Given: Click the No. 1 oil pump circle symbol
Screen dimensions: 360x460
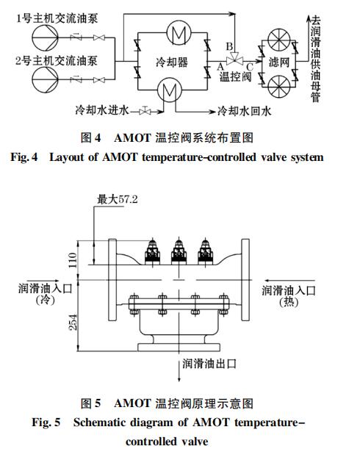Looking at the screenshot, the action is click(x=45, y=38).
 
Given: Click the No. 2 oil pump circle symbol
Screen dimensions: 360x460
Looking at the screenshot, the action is click(x=45, y=79).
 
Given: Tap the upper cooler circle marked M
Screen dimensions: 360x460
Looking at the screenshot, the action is click(x=179, y=32).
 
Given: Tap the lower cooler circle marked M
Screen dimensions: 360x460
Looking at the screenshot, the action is click(x=169, y=90).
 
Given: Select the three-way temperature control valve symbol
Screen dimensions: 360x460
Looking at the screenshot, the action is click(x=234, y=58).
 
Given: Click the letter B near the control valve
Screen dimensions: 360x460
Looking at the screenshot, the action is click(x=229, y=46).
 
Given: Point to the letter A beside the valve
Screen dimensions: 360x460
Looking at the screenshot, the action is click(x=220, y=66).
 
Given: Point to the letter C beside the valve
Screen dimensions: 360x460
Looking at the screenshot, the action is click(x=250, y=67).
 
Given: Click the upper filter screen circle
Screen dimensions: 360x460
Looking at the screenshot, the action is click(x=279, y=40).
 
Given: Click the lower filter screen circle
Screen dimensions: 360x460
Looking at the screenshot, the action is click(x=279, y=87).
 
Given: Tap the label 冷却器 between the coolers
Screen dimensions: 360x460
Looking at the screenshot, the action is click(x=172, y=62).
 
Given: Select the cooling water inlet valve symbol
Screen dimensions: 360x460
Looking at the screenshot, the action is click(x=145, y=112).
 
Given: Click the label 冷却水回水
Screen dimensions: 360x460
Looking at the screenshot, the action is click(x=245, y=111).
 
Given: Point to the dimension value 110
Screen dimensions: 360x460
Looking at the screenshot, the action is click(x=73, y=260).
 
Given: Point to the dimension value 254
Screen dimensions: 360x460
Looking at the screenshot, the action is click(x=73, y=322).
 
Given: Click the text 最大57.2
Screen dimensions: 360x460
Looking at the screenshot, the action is click(x=118, y=200).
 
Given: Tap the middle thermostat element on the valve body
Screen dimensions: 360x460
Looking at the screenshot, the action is click(x=179, y=251).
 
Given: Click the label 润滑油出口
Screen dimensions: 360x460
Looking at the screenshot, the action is click(x=209, y=364).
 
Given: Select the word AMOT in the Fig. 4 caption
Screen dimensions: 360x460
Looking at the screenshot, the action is click(x=133, y=138).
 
